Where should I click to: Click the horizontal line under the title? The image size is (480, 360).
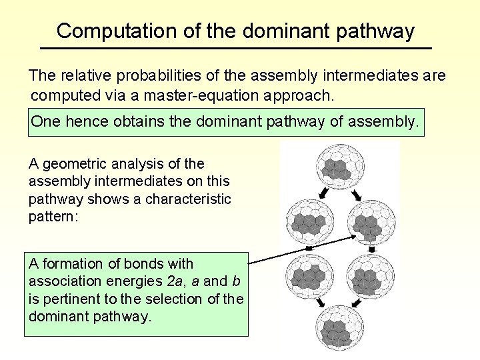tap(236, 49)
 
